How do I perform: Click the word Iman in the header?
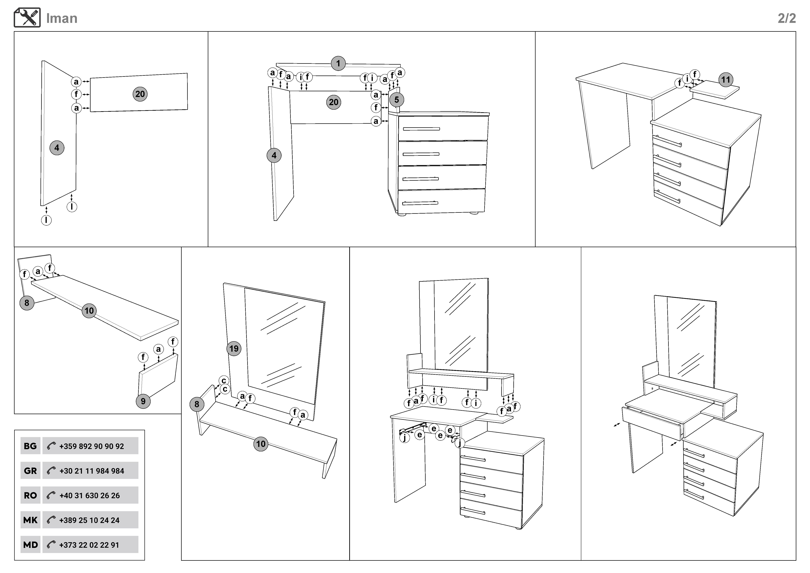62,18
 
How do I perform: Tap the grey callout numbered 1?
338,64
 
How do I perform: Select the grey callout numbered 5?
397,100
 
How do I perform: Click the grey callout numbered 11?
725,80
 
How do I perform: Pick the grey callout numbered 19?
234,349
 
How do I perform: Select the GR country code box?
30,471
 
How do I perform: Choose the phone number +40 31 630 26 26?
90,495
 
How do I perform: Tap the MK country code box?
30,520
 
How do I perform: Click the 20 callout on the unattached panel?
140,94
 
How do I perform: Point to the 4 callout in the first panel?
57,148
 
